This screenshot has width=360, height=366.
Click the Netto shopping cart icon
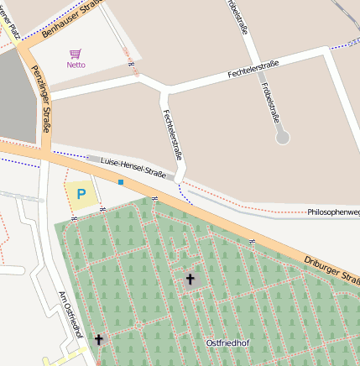(x=76, y=54)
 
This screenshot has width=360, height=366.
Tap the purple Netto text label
(x=76, y=65)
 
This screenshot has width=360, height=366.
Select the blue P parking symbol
(x=81, y=194)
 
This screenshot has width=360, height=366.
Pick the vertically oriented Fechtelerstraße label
(x=173, y=135)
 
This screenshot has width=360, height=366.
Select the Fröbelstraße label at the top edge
(x=237, y=17)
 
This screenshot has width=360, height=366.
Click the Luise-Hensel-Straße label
(x=133, y=166)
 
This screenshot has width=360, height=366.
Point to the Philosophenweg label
(x=333, y=212)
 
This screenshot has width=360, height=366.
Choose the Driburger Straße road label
(x=332, y=270)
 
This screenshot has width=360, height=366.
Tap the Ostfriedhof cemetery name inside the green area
(x=227, y=342)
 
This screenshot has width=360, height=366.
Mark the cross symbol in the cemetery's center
(x=190, y=279)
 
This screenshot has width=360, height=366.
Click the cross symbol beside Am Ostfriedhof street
(x=99, y=339)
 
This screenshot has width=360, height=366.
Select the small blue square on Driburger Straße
(x=121, y=181)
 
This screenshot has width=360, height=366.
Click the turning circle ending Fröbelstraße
(x=283, y=136)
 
